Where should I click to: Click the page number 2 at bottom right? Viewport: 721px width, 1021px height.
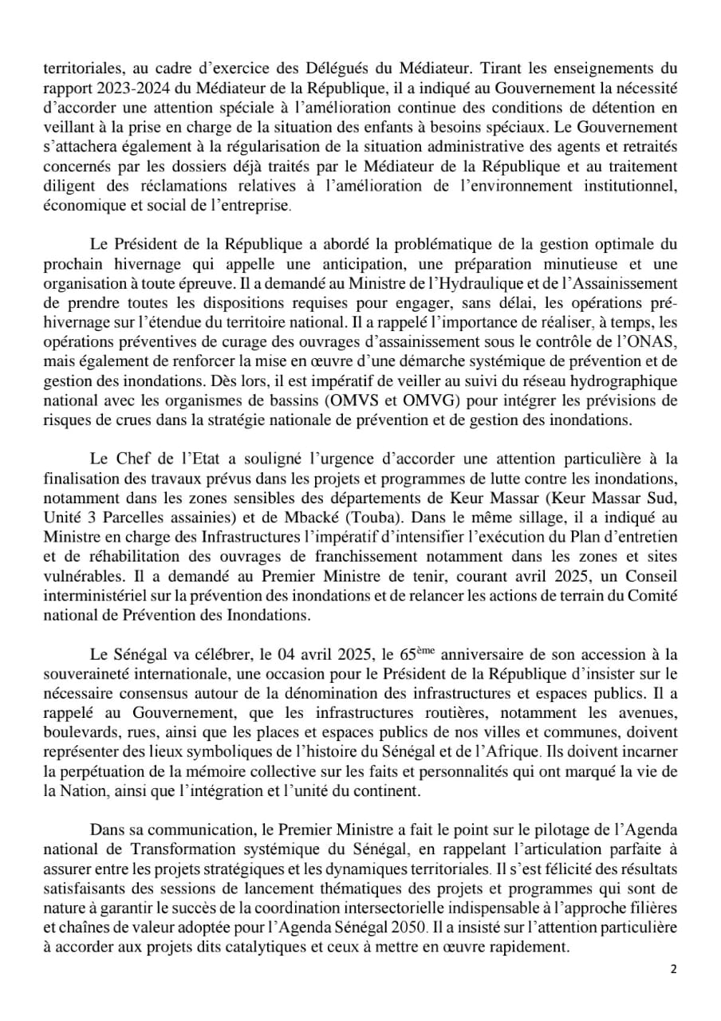[674, 969]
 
